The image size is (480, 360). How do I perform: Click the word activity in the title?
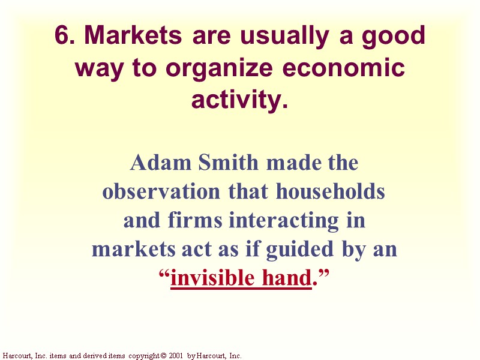236,100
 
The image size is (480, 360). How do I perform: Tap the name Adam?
158,163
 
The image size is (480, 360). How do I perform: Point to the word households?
330,191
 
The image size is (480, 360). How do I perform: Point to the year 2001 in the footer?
175,356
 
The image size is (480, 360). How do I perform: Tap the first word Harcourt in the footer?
17,356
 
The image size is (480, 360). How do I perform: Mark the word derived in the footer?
95,356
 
